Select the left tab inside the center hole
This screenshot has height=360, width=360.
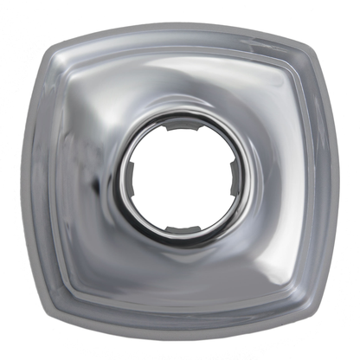pos(132,179)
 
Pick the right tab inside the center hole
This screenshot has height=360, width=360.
pos(235,178)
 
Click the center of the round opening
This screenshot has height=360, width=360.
pos(183,178)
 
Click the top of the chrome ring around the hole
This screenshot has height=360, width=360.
pos(183,115)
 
